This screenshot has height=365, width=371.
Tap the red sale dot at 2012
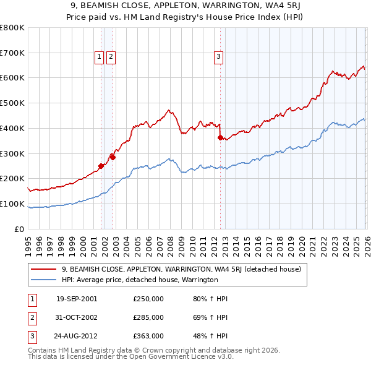coord(220,138)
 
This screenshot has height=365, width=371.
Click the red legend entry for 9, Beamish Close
coord(181,269)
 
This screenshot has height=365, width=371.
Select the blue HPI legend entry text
coord(140,280)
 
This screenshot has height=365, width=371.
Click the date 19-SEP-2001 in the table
coord(77,299)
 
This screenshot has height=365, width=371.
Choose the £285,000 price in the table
coord(148,317)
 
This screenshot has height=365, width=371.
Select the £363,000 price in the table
coord(148,336)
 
